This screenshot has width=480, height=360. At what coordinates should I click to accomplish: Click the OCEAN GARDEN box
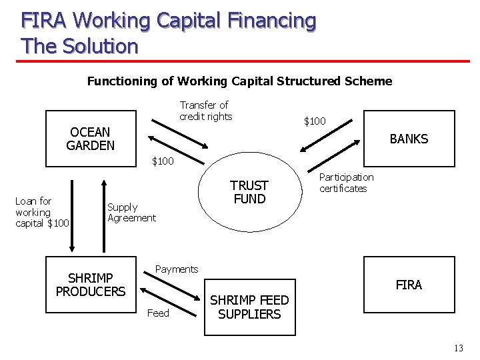91,139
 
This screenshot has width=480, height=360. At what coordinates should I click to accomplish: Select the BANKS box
408,139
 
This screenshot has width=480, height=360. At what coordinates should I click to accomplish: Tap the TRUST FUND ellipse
249,192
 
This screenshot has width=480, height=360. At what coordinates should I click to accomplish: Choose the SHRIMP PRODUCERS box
91,285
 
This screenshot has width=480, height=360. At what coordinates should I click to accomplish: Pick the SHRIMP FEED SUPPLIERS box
250,307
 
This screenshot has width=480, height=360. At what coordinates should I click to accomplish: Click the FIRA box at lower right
408,285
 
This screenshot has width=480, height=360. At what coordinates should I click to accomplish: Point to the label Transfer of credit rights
205,111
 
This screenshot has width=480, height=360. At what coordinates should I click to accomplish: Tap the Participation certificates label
346,183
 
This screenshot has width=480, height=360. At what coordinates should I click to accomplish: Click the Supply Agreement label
131,213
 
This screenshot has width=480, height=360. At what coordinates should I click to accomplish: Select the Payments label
176,269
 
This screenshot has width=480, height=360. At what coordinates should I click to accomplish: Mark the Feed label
158,313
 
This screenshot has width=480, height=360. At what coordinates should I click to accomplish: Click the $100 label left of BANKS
315,121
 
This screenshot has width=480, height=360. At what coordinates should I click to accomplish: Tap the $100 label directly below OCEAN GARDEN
163,161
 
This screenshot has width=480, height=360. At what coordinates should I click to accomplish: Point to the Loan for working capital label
41,212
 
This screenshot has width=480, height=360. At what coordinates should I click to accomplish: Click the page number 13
458,349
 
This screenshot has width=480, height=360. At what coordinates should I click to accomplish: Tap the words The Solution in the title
79,46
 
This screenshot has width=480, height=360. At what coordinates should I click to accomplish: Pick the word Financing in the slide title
269,21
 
